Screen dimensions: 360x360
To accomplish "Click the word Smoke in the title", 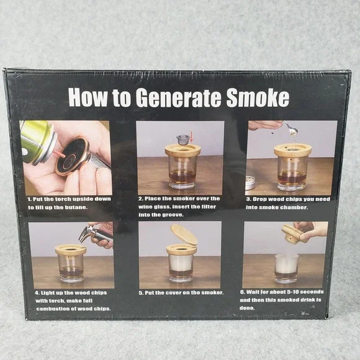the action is click(258, 97).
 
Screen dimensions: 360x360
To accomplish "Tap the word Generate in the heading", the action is click(178, 98).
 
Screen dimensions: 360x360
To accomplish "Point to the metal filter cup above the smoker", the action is click(183, 140).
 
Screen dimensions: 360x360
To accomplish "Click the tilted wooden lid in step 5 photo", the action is click(184, 235).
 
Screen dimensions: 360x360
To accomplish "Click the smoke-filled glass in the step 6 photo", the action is click(286, 268).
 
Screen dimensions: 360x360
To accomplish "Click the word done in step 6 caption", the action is click(247, 308).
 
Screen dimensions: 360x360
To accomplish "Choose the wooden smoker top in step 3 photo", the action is click(292, 150).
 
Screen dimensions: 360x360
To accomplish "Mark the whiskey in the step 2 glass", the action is click(182, 177).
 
